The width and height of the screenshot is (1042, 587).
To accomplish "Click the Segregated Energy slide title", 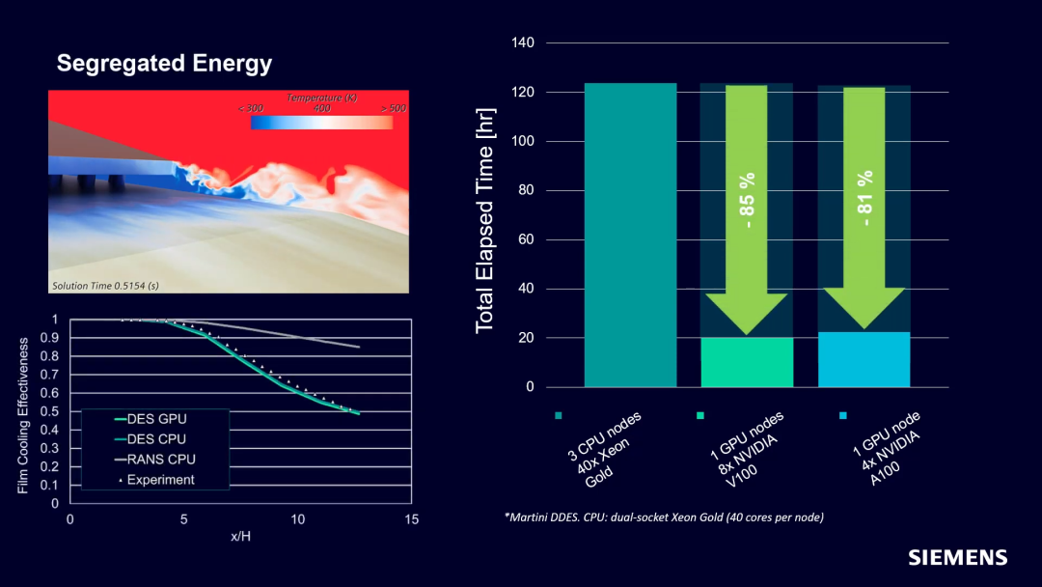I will [164, 64].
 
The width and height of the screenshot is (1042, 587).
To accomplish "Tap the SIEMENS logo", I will [957, 557].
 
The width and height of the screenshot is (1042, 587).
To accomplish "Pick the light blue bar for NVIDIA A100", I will [864, 359].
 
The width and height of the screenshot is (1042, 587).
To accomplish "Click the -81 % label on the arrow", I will [864, 198].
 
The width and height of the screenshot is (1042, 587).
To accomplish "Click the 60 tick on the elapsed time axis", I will [526, 239].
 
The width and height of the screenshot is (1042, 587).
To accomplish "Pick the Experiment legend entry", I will [160, 480].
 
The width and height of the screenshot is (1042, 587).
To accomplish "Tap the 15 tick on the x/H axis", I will [412, 519].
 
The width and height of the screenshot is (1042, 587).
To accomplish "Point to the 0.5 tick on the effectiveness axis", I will [49, 411].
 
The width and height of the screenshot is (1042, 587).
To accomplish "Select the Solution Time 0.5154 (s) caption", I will [105, 286].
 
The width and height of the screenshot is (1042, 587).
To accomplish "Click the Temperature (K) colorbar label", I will [321, 98].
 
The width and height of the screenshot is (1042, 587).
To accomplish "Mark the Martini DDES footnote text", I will [663, 517].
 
